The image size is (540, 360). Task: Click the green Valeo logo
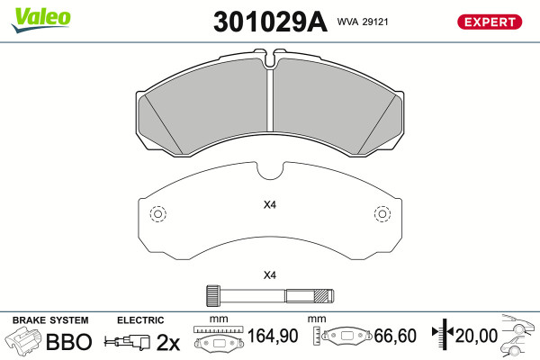pyautogui.click(x=40, y=20)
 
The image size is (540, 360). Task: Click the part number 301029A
pyautogui.click(x=270, y=22)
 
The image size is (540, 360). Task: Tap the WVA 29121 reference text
pyautogui.click(x=363, y=22)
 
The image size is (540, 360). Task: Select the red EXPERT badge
pyautogui.click(x=490, y=22)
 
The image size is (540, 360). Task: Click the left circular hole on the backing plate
pyautogui.click(x=158, y=214)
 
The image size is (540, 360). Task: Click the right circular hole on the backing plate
pyautogui.click(x=382, y=214)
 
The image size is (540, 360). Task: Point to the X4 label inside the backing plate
pyautogui.click(x=270, y=205)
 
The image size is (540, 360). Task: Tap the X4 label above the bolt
pyautogui.click(x=270, y=275)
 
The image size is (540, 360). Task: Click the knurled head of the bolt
pyautogui.click(x=213, y=295)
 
